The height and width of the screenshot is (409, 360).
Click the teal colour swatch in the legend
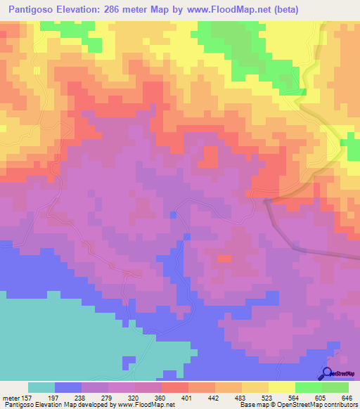(x=41, y=387)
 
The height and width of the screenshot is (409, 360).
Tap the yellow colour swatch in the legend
(x=281, y=387)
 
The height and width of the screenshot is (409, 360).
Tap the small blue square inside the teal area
(x=128, y=362)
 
